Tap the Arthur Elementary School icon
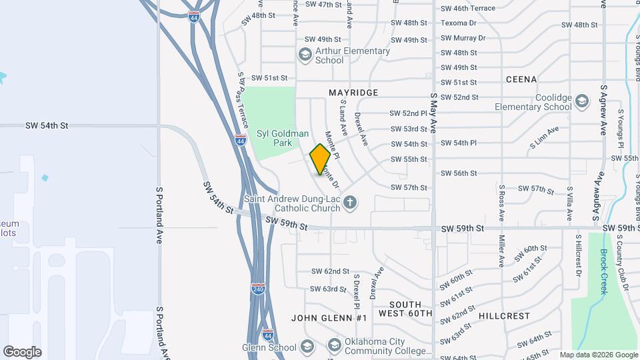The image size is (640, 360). click(x=305, y=55)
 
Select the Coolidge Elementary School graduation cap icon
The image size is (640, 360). click(x=582, y=101)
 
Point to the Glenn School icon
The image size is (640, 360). click(x=307, y=347)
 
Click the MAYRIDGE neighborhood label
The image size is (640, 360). click(x=353, y=93)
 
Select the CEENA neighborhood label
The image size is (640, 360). click(x=521, y=79)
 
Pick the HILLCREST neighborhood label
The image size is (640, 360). click(x=504, y=316)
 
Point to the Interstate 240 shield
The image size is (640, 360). click(x=259, y=289)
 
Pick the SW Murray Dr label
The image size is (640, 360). click(x=463, y=38)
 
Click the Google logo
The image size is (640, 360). click(x=22, y=351)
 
